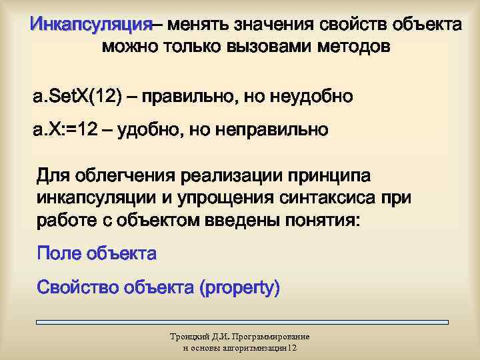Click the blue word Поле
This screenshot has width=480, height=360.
point(59,253)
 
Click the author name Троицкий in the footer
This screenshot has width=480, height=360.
point(189,337)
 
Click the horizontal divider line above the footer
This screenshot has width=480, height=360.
point(240,322)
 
